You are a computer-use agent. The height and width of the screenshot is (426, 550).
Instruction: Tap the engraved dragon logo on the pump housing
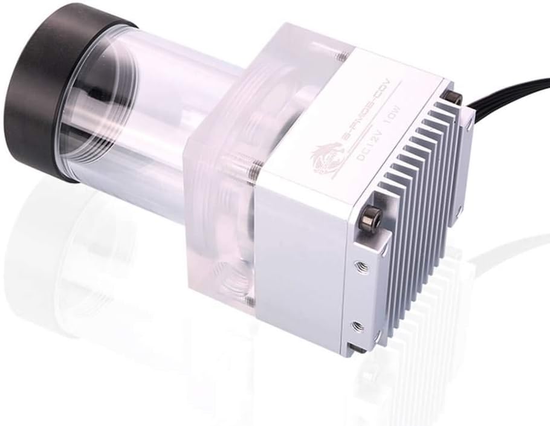tap(326, 155)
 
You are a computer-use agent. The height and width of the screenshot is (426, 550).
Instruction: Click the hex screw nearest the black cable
tap(451, 97)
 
